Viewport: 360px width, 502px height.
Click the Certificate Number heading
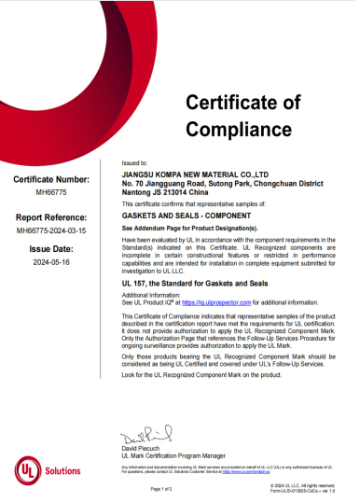coord(52,179)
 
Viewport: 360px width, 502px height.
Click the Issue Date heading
coord(52,250)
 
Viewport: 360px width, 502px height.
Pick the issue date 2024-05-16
coord(52,264)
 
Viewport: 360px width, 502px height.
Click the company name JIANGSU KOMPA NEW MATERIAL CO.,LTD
coord(196,174)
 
